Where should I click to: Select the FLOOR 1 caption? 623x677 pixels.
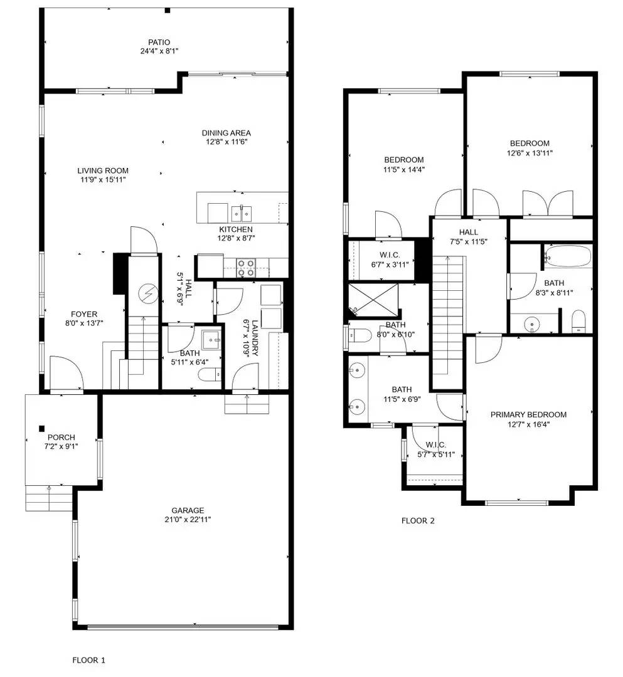point(89,659)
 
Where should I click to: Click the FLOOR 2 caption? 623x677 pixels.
point(418,520)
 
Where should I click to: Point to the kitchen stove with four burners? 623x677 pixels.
point(245,268)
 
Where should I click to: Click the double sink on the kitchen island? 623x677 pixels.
point(242,213)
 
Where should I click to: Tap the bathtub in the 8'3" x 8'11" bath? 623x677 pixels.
point(568,257)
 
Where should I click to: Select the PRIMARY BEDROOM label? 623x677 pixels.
point(528,414)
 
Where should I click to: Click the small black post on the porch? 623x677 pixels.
point(41,428)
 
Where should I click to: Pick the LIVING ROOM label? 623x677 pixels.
point(103,171)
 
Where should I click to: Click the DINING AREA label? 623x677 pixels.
point(226,133)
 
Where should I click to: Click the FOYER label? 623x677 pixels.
point(84,314)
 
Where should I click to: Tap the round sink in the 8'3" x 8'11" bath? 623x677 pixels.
point(533,325)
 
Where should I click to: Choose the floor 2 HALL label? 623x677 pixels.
point(468,232)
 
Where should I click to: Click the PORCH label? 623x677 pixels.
point(61,437)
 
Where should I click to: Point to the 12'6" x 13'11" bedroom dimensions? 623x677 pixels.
point(530,152)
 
